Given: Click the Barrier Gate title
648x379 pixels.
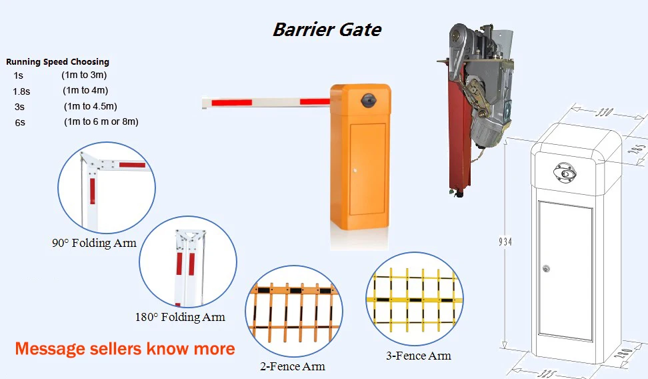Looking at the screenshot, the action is point(327,29).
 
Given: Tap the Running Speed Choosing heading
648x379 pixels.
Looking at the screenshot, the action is point(57,61).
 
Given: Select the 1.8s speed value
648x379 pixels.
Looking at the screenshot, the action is point(21,91).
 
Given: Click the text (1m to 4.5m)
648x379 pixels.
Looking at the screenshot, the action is point(91,106).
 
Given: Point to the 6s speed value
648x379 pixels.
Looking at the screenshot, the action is point(20,123).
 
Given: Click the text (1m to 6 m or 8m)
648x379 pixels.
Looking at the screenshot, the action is point(101,121).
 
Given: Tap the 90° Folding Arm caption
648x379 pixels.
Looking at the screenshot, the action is point(94,243).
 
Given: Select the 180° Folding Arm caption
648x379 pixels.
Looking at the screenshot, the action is point(180,317).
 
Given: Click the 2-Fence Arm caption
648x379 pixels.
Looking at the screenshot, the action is point(293,366).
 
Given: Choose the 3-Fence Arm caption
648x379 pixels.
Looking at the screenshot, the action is point(419,356).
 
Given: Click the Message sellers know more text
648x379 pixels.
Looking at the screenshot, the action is point(125,349).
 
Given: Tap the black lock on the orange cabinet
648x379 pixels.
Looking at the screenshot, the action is point(367,101).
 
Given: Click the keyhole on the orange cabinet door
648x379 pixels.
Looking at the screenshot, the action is point(355,170).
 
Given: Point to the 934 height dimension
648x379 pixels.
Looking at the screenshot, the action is point(505,242).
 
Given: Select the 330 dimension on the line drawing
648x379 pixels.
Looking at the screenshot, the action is point(604,111).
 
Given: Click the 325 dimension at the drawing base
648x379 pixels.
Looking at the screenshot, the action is point(547,374).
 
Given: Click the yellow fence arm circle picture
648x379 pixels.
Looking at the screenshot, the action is point(415,299).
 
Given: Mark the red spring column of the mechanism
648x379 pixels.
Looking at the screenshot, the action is point(459,132).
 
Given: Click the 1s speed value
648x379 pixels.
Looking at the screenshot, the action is point(18,75).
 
